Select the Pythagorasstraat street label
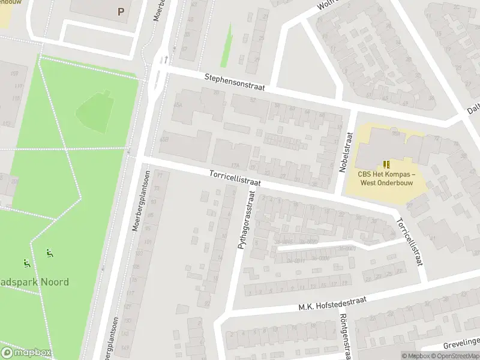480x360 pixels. coord(247,220)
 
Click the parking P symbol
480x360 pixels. coord(121,11)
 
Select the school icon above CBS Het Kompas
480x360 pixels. coord(387,164)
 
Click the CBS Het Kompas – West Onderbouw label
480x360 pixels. coord(387,178)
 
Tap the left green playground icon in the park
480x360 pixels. coord(27,263)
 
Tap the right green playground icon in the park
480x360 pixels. coord(50,254)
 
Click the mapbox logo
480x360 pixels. coord(27,353)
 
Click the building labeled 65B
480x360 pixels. coord(164,139)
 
